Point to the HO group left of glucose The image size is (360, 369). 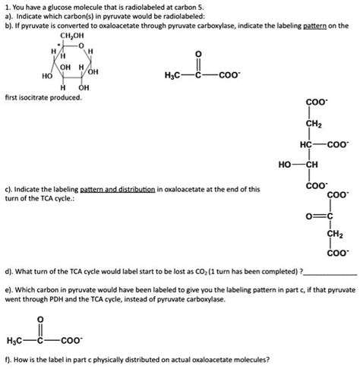pos(47,77)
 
